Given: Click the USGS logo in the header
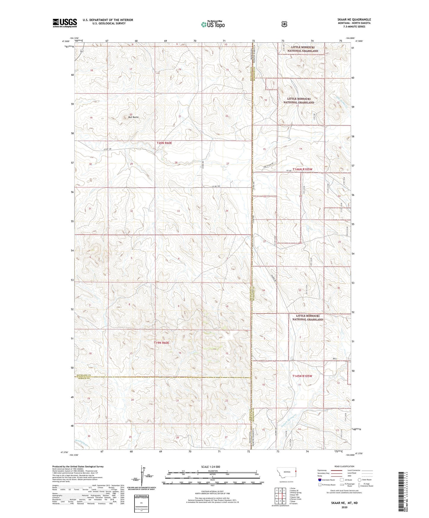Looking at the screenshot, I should tap(65, 23).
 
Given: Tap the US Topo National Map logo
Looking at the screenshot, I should tap(212, 24).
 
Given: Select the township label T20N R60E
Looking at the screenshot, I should tap(164, 143).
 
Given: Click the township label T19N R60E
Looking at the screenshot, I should tap(162, 343).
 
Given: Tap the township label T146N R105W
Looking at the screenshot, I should tap(303, 169).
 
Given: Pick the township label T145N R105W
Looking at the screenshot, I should tap(303, 376).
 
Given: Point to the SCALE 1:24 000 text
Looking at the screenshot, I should tap(210, 467).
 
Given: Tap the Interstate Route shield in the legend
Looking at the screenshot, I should tap(319, 480).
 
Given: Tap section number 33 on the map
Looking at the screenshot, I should tap(178, 211).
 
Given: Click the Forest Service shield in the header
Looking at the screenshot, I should tap(284, 24).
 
